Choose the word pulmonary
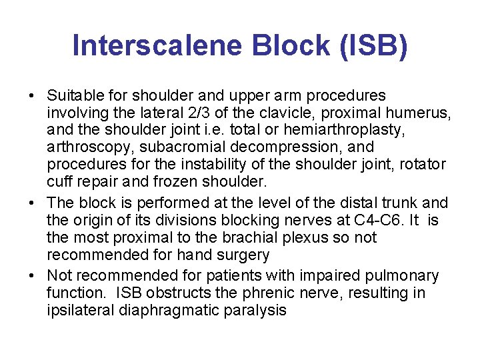[x=407, y=276]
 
